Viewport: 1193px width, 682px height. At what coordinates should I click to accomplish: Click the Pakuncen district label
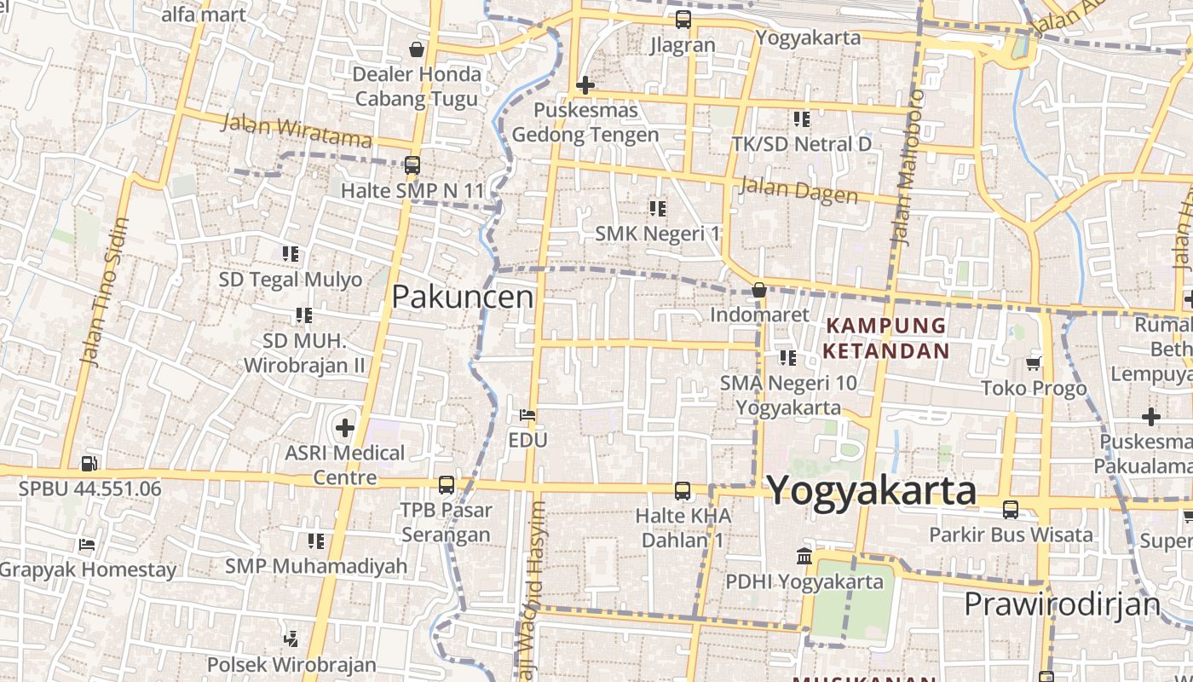463,297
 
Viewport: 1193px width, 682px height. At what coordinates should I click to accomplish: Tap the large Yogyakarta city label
871,491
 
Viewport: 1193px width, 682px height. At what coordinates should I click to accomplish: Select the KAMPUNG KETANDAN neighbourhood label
886,338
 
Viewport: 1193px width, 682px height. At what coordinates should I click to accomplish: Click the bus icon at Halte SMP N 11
412,165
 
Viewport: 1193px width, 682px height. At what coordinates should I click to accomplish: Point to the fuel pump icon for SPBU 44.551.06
89,464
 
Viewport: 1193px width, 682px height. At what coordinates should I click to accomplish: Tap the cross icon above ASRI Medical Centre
345,427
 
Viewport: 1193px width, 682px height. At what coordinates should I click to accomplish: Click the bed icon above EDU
527,416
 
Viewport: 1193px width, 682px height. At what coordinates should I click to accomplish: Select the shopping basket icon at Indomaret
759,291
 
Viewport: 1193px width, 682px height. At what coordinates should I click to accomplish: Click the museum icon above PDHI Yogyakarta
804,557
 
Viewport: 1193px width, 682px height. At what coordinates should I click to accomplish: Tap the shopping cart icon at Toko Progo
1034,364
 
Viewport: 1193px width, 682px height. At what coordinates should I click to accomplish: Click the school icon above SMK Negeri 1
657,208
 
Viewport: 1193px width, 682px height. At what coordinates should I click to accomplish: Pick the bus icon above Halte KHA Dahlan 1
683,491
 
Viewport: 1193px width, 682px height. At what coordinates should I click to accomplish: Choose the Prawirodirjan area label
1062,604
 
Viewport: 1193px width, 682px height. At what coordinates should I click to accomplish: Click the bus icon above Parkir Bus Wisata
1011,510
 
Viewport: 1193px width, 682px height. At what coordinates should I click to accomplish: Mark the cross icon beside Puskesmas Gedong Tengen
585,85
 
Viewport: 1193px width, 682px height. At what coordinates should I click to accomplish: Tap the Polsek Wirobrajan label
291,664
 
